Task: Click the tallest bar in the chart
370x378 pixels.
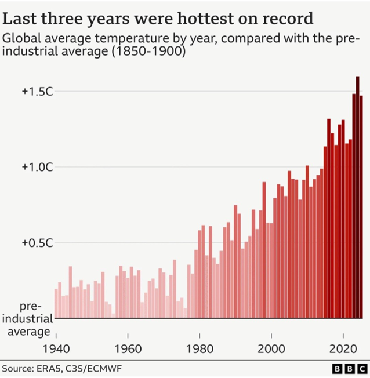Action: pos(358,197)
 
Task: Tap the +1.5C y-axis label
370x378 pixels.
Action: pos(37,92)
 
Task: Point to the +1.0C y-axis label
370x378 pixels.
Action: pos(37,167)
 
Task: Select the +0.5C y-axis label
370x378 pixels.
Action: pos(37,243)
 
